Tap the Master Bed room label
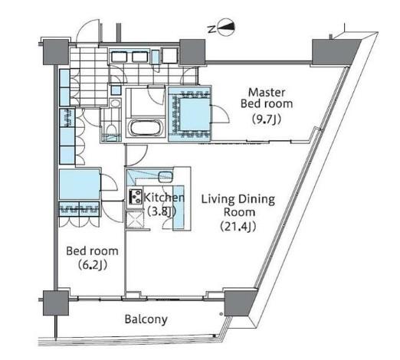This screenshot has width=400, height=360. pyautogui.click(x=267, y=98)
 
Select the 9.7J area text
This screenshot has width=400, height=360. pyautogui.click(x=267, y=119)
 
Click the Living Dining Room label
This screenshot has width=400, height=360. pyautogui.click(x=238, y=205)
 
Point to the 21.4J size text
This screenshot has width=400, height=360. pyautogui.click(x=238, y=226)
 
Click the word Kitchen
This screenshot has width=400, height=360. pyautogui.click(x=164, y=198)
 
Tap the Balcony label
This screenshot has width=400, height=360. pyautogui.click(x=146, y=319)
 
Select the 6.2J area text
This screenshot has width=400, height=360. pyautogui.click(x=93, y=265)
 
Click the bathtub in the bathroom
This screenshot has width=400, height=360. pyautogui.click(x=146, y=128)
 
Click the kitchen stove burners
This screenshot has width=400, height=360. pyautogui.click(x=135, y=197)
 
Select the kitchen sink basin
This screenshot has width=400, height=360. pyautogui.click(x=166, y=177)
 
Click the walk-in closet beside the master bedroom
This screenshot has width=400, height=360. pyautogui.click(x=189, y=114)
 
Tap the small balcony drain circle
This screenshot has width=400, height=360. pyautogui.click(x=221, y=314)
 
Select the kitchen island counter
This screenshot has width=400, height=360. pyautogui.click(x=179, y=207)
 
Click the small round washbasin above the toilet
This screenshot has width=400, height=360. pyautogui.click(x=116, y=103)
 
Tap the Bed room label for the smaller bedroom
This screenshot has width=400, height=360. pyautogui.click(x=92, y=251)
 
